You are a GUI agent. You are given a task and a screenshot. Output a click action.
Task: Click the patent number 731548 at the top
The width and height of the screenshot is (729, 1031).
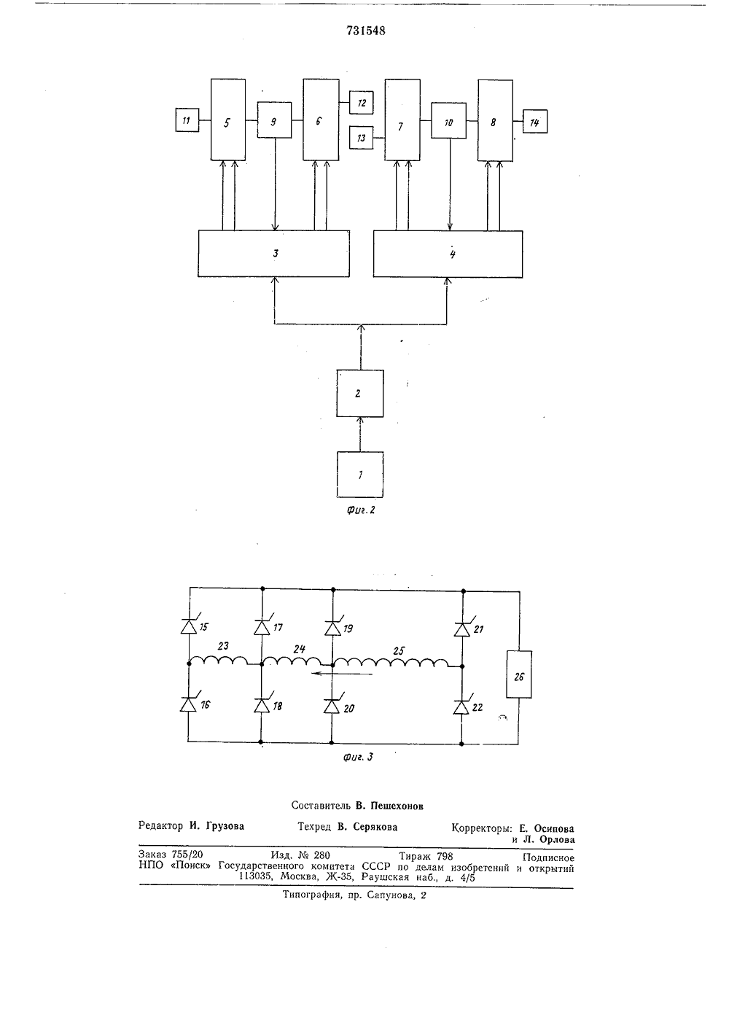tap(366, 31)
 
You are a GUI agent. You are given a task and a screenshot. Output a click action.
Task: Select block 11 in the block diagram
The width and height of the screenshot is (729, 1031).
tap(187, 120)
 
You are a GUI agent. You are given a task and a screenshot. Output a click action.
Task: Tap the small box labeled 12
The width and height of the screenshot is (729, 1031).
tap(362, 103)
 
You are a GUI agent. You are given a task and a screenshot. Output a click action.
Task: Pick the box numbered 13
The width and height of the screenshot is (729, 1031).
tap(362, 138)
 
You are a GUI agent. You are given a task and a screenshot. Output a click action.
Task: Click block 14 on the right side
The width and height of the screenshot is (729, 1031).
tap(535, 122)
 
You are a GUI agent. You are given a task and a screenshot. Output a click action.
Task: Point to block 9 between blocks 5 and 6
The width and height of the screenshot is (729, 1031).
tap(274, 120)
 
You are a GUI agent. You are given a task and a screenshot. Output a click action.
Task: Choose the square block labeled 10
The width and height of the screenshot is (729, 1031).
tap(449, 120)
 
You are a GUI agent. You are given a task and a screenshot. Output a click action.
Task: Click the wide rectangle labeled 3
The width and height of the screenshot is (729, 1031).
tap(274, 254)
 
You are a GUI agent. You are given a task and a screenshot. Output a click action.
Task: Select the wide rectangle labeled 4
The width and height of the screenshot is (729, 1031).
tap(448, 254)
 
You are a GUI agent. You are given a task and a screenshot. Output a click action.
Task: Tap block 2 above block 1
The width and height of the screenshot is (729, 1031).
tap(360, 394)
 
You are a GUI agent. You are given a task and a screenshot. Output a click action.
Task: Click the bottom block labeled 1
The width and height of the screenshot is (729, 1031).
tap(360, 475)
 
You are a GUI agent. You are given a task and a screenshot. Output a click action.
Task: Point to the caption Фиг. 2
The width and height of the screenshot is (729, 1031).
tap(362, 510)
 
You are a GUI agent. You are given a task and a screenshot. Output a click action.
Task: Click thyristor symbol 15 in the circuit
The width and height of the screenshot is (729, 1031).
tap(189, 626)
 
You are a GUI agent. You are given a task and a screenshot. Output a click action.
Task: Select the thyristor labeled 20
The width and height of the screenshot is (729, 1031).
tap(332, 707)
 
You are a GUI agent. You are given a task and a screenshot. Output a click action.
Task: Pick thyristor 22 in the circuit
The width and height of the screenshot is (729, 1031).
tap(461, 707)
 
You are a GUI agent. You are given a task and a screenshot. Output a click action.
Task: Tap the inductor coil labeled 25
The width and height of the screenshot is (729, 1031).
tap(390, 662)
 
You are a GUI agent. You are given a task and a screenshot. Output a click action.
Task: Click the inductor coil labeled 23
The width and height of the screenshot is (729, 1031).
tap(219, 660)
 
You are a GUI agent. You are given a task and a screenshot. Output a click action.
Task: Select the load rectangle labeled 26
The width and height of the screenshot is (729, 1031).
tap(519, 674)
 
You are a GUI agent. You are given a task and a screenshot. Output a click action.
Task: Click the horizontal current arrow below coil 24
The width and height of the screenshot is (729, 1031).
tap(341, 674)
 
